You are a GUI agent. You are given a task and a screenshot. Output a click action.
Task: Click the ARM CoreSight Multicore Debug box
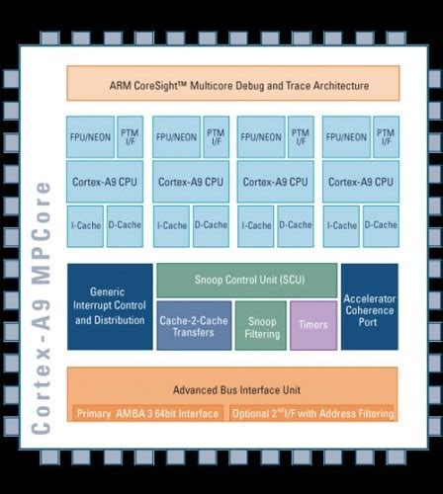(232, 84)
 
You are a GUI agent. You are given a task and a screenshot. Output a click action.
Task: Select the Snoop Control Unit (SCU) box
(246, 280)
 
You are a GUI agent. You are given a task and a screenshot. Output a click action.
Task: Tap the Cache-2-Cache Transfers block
(195, 325)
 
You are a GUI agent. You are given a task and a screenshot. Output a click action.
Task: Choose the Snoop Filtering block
(261, 325)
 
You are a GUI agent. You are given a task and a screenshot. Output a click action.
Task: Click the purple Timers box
(313, 325)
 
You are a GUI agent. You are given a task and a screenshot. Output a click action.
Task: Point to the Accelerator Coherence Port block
(369, 306)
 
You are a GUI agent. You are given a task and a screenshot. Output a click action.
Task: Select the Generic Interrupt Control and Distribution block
(110, 306)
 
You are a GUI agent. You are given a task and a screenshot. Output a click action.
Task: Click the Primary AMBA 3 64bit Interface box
(147, 412)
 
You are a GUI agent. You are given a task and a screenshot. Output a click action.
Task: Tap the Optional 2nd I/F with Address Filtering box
(312, 412)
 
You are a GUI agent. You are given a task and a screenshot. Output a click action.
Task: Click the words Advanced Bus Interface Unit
(232, 389)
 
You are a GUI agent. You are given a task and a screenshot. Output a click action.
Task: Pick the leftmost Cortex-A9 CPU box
(106, 182)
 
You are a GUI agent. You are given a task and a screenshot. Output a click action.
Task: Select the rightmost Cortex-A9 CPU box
(361, 182)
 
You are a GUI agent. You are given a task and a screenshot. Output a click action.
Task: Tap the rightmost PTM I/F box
(386, 137)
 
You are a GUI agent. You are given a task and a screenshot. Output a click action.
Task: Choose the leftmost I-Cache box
(86, 226)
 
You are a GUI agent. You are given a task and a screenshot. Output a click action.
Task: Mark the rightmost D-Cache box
(381, 226)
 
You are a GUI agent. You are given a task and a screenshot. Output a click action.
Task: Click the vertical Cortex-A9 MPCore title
(42, 306)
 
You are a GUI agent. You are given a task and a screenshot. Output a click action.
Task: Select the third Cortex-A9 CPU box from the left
(275, 182)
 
